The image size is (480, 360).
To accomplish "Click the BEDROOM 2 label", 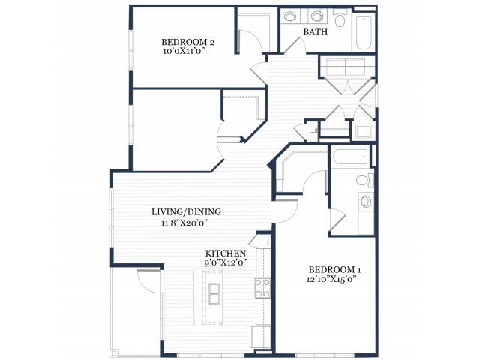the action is pos(187,42).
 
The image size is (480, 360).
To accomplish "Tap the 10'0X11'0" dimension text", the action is pos(184,51).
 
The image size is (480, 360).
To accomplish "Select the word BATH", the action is pos(315,31).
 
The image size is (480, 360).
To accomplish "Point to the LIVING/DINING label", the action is pos(186,211).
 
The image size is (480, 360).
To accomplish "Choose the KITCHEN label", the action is pos(226,253).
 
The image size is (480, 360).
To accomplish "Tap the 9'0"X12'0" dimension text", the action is pos(226,262).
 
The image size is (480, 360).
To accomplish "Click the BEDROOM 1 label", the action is pos(335,270).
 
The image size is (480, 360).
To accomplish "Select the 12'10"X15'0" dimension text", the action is pos(332,279).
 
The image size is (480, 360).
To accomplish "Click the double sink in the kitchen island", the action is pos(214,293).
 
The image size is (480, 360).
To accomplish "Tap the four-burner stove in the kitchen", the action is pos(262,288).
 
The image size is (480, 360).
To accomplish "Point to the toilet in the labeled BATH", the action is pos(340,18).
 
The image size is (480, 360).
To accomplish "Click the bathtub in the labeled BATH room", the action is pos(363,31).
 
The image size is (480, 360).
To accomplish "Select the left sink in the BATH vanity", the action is pos(289,16).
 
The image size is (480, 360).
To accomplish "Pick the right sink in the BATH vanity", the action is pos(316,16).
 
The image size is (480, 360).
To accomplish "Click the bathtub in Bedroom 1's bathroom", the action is pos(350,157).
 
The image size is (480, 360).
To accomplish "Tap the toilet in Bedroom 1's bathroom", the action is pos(364,180).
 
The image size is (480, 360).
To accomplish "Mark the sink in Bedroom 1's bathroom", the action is pos(366,202).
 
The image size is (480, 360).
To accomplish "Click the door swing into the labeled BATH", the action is pos(294,45).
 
